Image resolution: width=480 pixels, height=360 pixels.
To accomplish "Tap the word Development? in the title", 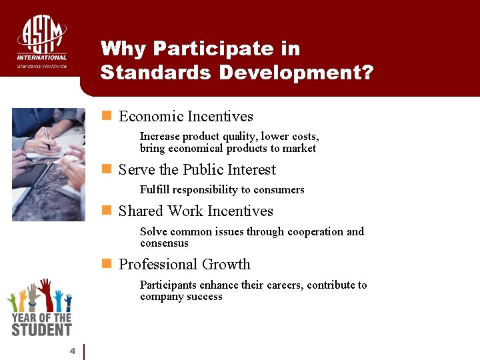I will coord(296,72).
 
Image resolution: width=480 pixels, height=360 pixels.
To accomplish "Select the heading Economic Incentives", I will coord(186,117).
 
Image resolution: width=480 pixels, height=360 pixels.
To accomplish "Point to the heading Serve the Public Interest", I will coord(197,170).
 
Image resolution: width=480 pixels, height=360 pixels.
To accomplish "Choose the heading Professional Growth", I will coord(185,265).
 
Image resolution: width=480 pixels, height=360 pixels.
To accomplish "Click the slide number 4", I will coord(73,351).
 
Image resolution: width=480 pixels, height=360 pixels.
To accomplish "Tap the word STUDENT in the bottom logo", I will coord(41,329).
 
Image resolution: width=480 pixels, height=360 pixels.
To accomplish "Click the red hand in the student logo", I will coord(45,293).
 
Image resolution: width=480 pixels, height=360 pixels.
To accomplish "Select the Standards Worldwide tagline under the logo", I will coord(42,66).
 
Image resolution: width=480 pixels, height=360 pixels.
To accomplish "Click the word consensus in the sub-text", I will coord(164,243).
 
